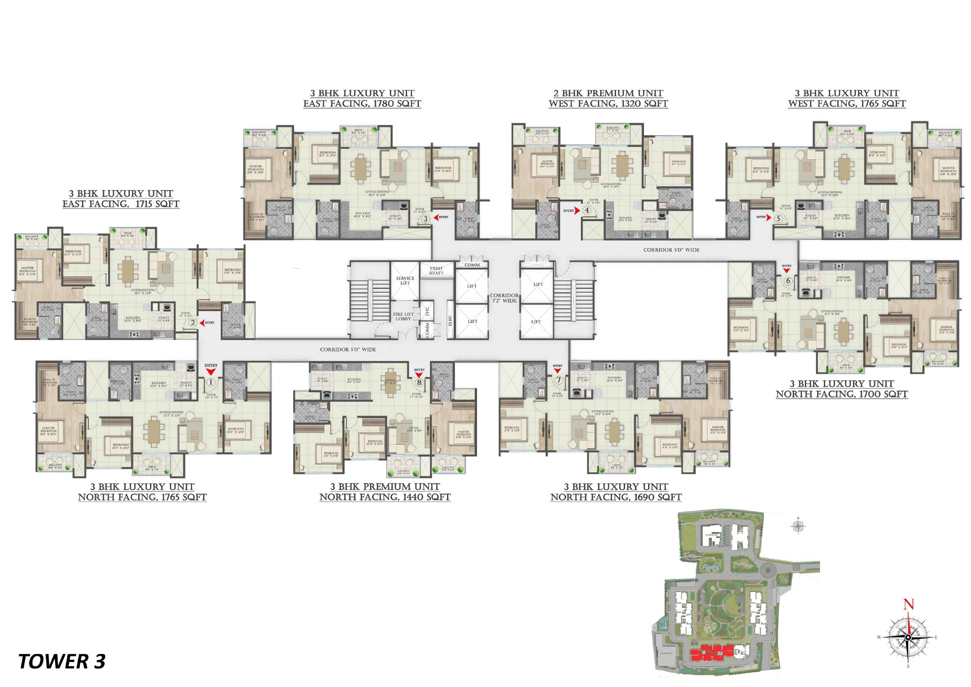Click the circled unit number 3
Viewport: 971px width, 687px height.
coord(426,219)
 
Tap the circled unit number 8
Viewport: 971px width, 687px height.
coord(419,383)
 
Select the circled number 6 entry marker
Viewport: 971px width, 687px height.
coord(788,281)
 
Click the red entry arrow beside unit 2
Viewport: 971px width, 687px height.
coord(201,322)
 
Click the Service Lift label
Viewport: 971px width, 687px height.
coord(405,280)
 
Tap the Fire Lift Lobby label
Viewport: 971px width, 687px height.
coord(403,316)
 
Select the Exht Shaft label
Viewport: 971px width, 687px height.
coord(436,271)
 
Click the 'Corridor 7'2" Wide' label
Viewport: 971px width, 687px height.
coord(504,298)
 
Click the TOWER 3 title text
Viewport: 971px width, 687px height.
coord(62,661)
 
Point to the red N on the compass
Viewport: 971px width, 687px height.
coord(908,605)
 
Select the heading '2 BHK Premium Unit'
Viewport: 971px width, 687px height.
coord(608,93)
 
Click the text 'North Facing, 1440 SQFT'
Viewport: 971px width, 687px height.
coord(385,497)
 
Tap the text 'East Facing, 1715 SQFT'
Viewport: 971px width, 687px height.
coord(121,204)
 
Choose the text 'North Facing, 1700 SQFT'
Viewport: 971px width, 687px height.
coord(841,394)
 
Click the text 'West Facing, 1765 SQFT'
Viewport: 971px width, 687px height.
coord(847,104)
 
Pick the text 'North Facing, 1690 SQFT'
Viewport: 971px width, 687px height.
coord(616,497)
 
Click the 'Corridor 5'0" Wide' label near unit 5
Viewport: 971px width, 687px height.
coord(671,250)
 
